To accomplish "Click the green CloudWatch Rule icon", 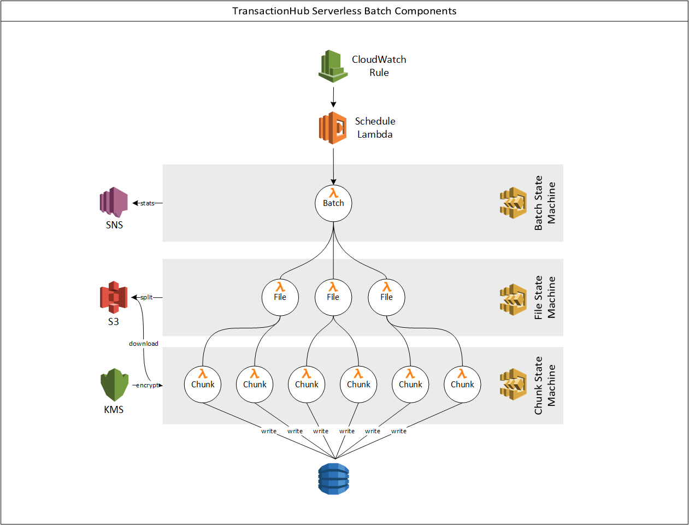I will pos(333,66).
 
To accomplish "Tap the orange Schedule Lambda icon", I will pos(333,128).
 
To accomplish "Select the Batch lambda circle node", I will pos(333,203).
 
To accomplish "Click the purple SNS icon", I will pos(114,202).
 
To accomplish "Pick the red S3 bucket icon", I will pos(114,297).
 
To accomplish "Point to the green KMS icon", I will pos(114,385).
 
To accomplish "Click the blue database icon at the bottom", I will pos(333,479).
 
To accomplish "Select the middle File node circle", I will pos(333,297).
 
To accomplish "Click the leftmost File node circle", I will pos(280,297).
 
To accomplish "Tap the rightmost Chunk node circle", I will pos(462,385).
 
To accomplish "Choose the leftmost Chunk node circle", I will pos(203,385).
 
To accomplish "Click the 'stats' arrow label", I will pos(148,203).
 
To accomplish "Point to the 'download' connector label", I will pos(144,344).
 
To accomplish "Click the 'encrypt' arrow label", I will pos(147,385).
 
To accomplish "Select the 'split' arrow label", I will pos(146,297).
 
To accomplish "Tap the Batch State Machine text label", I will pos(545,203).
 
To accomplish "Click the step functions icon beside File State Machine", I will pos(513,299).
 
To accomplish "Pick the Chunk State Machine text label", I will pos(545,386).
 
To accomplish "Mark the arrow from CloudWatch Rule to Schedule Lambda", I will pos(333,97).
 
